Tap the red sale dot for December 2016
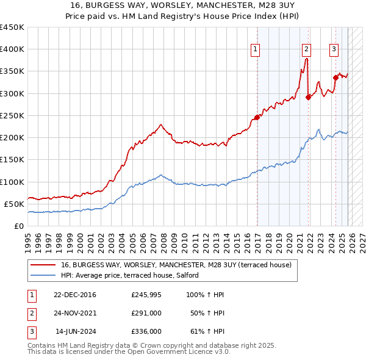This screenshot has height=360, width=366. coord(257,118)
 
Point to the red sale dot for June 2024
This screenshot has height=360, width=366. coord(335,77)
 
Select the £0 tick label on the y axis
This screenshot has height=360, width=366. coord(20,226)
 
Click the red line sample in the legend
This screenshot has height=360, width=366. coord(43,265)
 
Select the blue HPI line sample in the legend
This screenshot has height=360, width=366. coord(43,275)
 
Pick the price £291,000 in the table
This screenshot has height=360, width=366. coord(146,313)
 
